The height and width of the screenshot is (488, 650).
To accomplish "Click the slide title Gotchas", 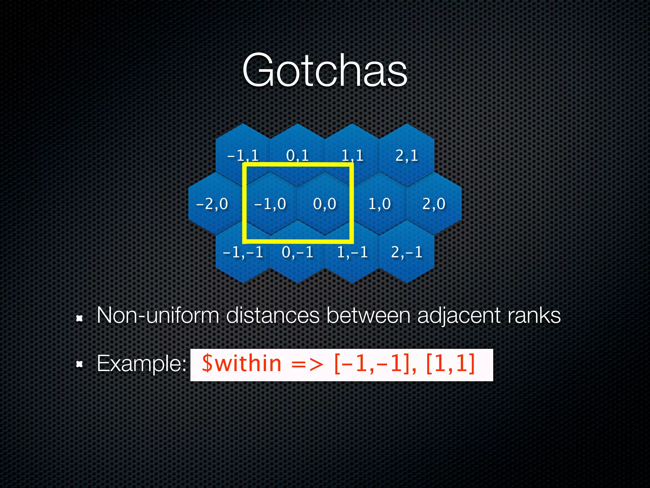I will click(x=324, y=71).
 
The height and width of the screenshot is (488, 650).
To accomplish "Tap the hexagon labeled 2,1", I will click(x=407, y=155).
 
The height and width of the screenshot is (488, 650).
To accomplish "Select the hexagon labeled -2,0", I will click(x=212, y=204).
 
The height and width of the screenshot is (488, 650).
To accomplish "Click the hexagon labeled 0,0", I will click(x=324, y=204).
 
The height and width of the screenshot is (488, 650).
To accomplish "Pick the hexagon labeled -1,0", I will click(x=270, y=204).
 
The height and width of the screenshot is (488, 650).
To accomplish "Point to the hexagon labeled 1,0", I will click(x=379, y=204).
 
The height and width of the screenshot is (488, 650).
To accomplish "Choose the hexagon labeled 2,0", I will click(x=434, y=204).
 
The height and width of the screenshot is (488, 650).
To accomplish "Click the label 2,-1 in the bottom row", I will click(x=407, y=252).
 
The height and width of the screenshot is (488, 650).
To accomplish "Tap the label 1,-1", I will click(x=352, y=252).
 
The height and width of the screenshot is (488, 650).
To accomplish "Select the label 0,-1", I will click(x=297, y=252).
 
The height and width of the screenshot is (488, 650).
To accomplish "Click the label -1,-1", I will click(x=243, y=252).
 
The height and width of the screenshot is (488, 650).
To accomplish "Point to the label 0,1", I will click(x=297, y=155).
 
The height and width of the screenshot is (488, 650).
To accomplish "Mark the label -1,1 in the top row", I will click(x=243, y=155).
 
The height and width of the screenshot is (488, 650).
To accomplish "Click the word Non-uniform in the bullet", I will click(x=158, y=315).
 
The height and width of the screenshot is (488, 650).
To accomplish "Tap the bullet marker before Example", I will click(x=79, y=364).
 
